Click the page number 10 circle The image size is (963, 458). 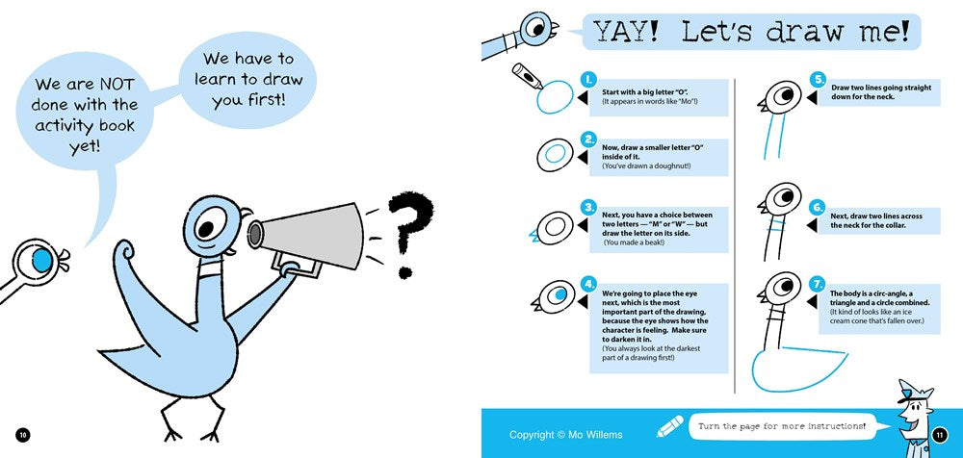click(x=23, y=435)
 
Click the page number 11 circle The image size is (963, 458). click(x=940, y=435)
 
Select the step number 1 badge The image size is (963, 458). click(x=588, y=79)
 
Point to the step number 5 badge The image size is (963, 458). click(x=818, y=79)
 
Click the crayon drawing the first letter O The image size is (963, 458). click(x=527, y=74)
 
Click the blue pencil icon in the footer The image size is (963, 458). click(x=669, y=426)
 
